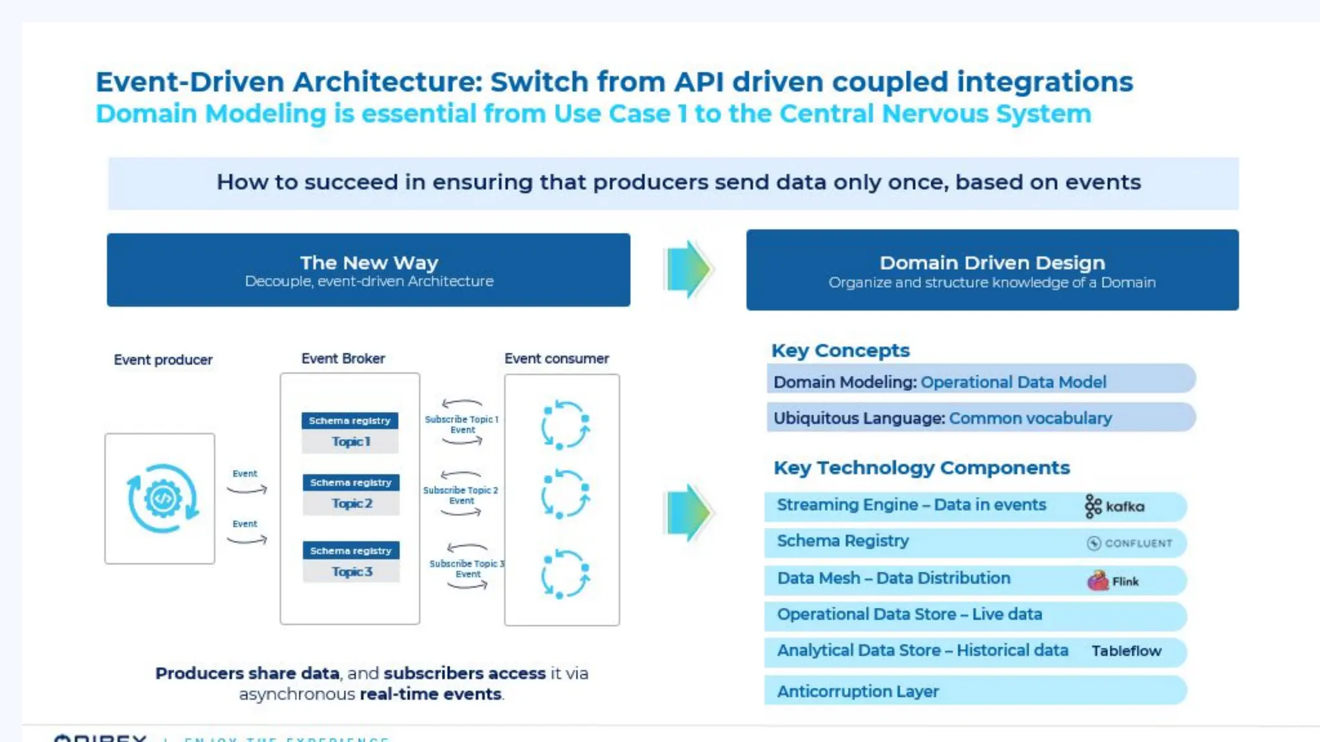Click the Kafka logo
(x=1114, y=506)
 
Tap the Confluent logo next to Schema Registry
(x=1130, y=543)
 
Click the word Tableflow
(x=1126, y=651)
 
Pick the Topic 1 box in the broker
(x=350, y=442)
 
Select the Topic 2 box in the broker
(x=351, y=504)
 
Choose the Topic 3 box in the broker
(x=351, y=572)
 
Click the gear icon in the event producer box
(x=162, y=498)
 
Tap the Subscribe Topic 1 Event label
(x=461, y=424)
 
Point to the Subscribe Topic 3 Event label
(x=467, y=568)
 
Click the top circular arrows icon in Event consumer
(x=565, y=425)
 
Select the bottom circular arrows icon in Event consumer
(x=565, y=573)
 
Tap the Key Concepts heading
(x=840, y=350)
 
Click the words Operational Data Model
(x=1013, y=382)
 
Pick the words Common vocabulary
(x=1030, y=418)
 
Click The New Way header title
(x=369, y=263)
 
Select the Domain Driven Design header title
(x=992, y=263)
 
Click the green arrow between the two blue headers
(x=688, y=269)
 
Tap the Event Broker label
(x=343, y=358)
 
